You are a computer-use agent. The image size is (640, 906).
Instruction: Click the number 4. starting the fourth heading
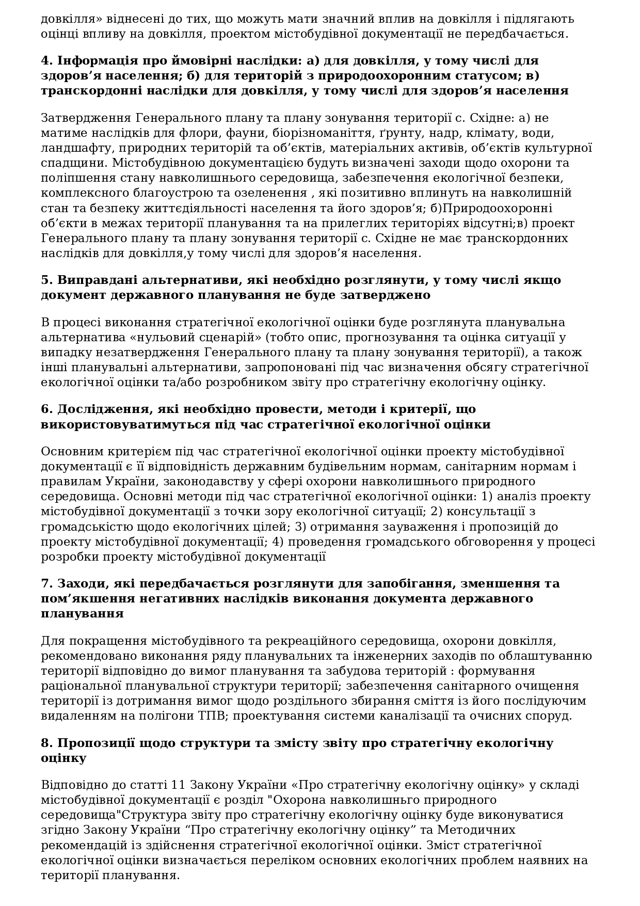click(x=47, y=60)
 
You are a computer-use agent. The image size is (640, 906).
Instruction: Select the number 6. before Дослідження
click(x=47, y=409)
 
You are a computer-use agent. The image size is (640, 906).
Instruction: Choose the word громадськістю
click(x=83, y=527)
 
